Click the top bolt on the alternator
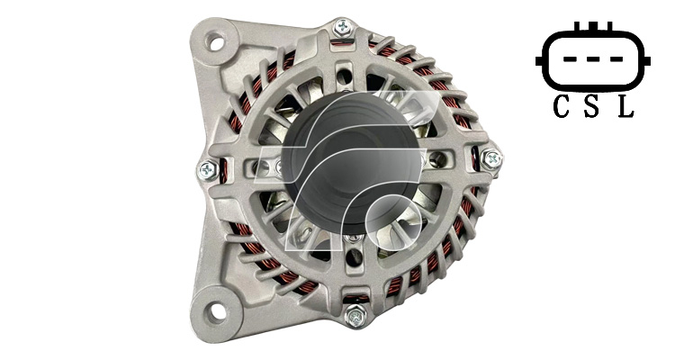click(x=344, y=27)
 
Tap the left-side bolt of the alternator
click(x=207, y=170)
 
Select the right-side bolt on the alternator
click(x=490, y=159)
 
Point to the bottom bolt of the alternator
click(x=356, y=316)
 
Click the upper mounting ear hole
click(x=217, y=43)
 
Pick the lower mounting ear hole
click(x=216, y=312)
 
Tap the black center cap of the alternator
click(x=351, y=163)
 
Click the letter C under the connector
click(x=562, y=107)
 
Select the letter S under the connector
click(x=591, y=107)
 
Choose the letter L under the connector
click(x=625, y=107)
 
